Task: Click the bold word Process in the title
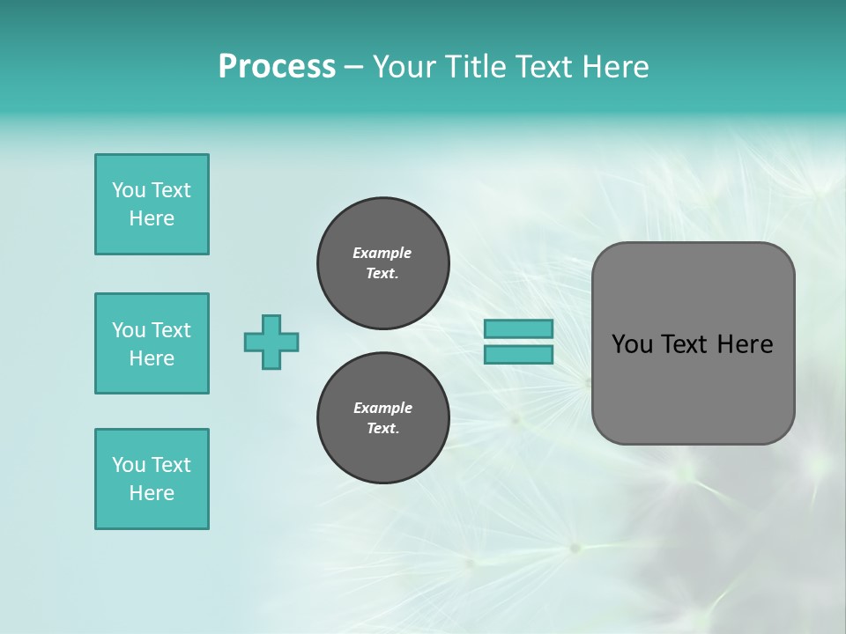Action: click(277, 67)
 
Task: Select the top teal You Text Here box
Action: click(152, 204)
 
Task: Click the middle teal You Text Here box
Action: click(152, 343)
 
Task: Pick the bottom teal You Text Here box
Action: click(152, 479)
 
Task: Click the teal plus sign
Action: click(271, 342)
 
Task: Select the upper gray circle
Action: click(382, 263)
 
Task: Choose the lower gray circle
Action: click(382, 418)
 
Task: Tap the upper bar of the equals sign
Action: click(518, 328)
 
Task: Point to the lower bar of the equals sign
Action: click(518, 354)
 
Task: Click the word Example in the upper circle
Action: click(382, 253)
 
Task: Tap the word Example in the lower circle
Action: click(382, 408)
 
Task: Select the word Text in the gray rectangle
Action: click(683, 344)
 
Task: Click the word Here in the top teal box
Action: click(152, 218)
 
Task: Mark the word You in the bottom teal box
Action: click(129, 465)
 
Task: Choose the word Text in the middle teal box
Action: click(171, 330)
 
